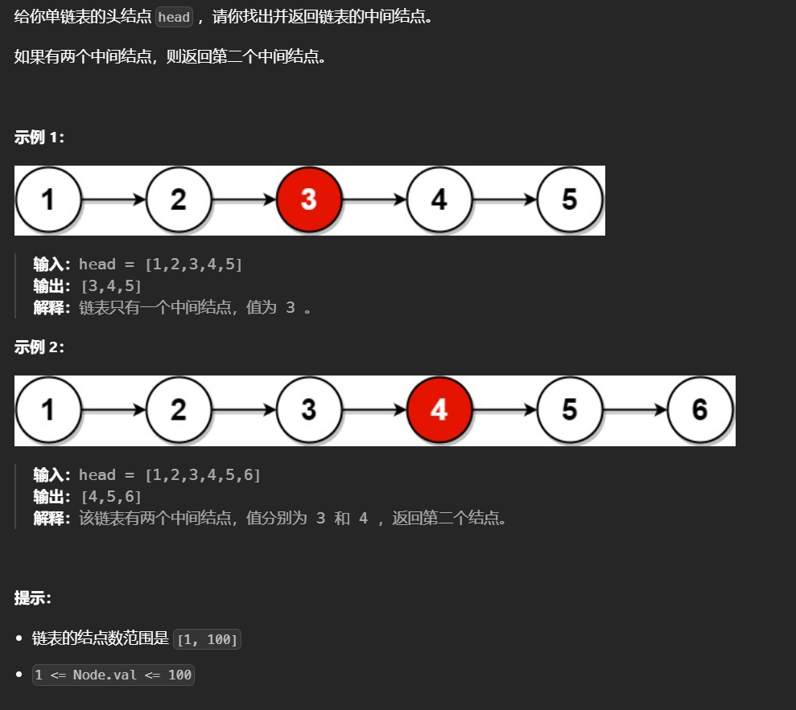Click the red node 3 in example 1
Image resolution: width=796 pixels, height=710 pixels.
(309, 199)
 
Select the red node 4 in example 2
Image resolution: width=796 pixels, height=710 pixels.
(439, 410)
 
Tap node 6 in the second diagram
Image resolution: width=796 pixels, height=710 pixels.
(699, 410)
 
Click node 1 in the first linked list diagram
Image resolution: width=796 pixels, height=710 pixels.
(48, 199)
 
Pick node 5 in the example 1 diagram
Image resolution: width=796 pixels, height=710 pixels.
(569, 199)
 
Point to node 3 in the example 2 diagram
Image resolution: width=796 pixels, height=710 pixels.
(309, 410)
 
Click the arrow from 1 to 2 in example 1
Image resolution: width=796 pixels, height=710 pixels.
(113, 199)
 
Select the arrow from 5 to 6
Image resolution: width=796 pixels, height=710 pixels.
(635, 410)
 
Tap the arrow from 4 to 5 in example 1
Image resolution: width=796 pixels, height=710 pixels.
(505, 199)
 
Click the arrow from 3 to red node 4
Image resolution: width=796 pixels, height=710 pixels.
(374, 410)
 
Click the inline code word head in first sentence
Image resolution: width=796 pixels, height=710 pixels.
(174, 18)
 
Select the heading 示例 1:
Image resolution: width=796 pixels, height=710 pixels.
(39, 137)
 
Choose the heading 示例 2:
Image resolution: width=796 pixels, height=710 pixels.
(39, 347)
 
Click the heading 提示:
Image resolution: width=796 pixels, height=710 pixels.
(33, 598)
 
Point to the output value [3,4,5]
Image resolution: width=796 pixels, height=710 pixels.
(111, 286)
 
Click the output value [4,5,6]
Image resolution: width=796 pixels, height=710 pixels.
(111, 497)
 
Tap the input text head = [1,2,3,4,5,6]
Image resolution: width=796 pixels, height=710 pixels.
(170, 475)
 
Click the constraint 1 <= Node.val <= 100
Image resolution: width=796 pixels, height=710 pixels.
(113, 675)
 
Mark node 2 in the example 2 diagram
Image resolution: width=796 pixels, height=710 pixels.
(179, 410)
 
